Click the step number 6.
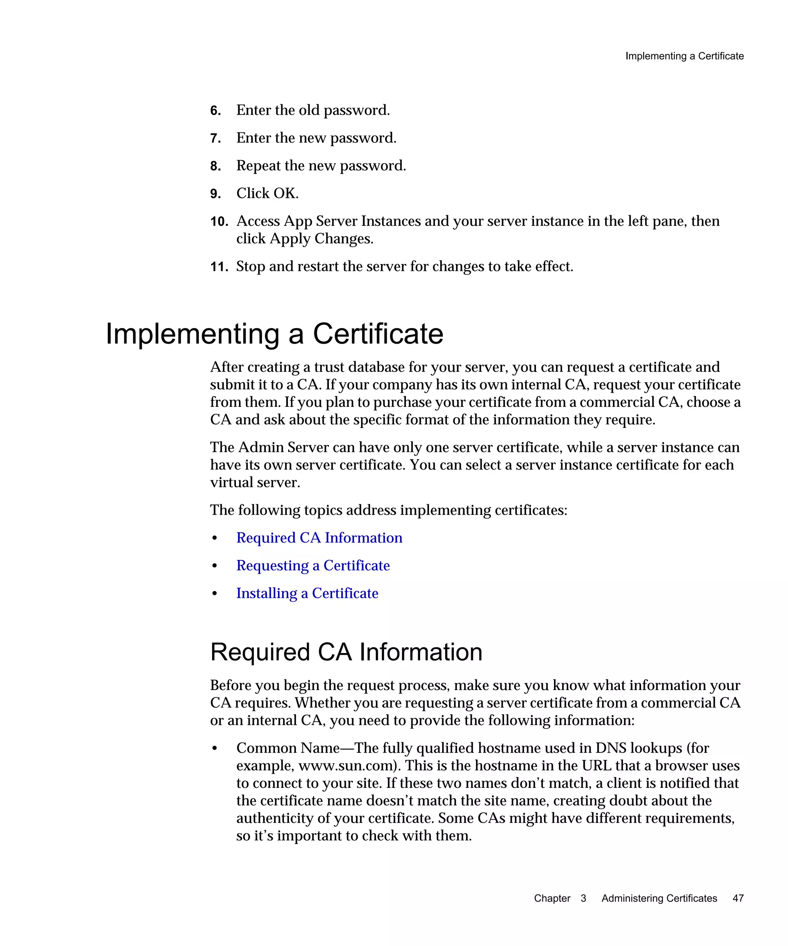click(x=215, y=111)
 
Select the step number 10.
click(x=219, y=222)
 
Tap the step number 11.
click(x=219, y=267)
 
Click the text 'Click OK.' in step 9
click(x=267, y=193)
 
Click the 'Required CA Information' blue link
click(x=319, y=538)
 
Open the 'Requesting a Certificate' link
click(x=312, y=566)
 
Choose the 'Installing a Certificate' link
click(x=307, y=593)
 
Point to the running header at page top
click(x=684, y=56)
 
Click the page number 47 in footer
click(x=738, y=898)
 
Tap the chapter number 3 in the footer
click(x=583, y=898)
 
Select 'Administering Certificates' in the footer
click(x=659, y=898)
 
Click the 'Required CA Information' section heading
click(x=346, y=652)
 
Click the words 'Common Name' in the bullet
click(x=287, y=748)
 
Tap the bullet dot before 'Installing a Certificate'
click(x=215, y=594)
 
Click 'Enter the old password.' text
click(x=313, y=110)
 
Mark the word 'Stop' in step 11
click(x=250, y=267)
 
